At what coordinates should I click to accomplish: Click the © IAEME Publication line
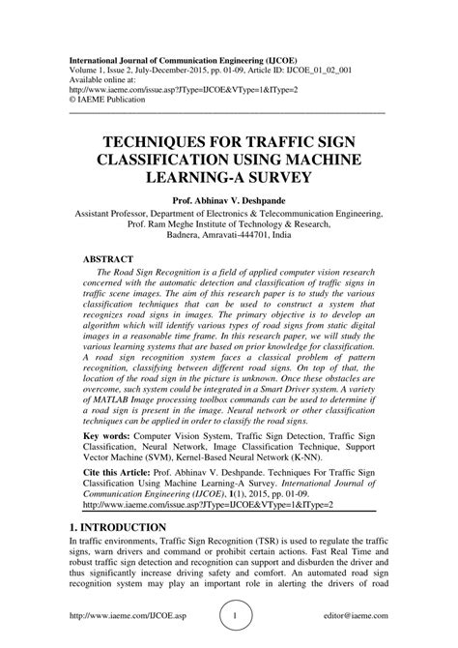pos(115,100)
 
